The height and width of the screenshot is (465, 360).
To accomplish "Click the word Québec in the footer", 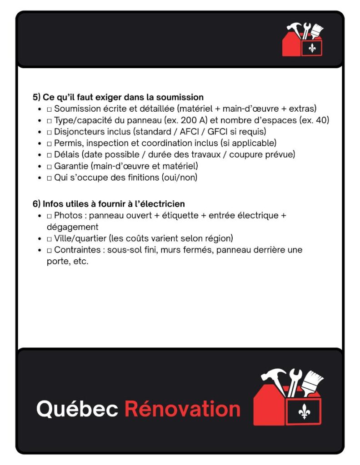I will pos(77,409).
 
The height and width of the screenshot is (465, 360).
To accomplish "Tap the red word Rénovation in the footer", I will pos(182,409).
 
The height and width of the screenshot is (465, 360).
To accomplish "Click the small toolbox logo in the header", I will pos(303,40).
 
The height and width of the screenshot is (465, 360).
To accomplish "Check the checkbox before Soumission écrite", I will pos(50,109).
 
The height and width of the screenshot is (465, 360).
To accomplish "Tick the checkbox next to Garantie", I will pos(50,166).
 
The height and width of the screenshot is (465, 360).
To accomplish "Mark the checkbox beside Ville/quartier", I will pos(50,238).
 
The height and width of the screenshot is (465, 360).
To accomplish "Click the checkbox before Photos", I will pos(50,216).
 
